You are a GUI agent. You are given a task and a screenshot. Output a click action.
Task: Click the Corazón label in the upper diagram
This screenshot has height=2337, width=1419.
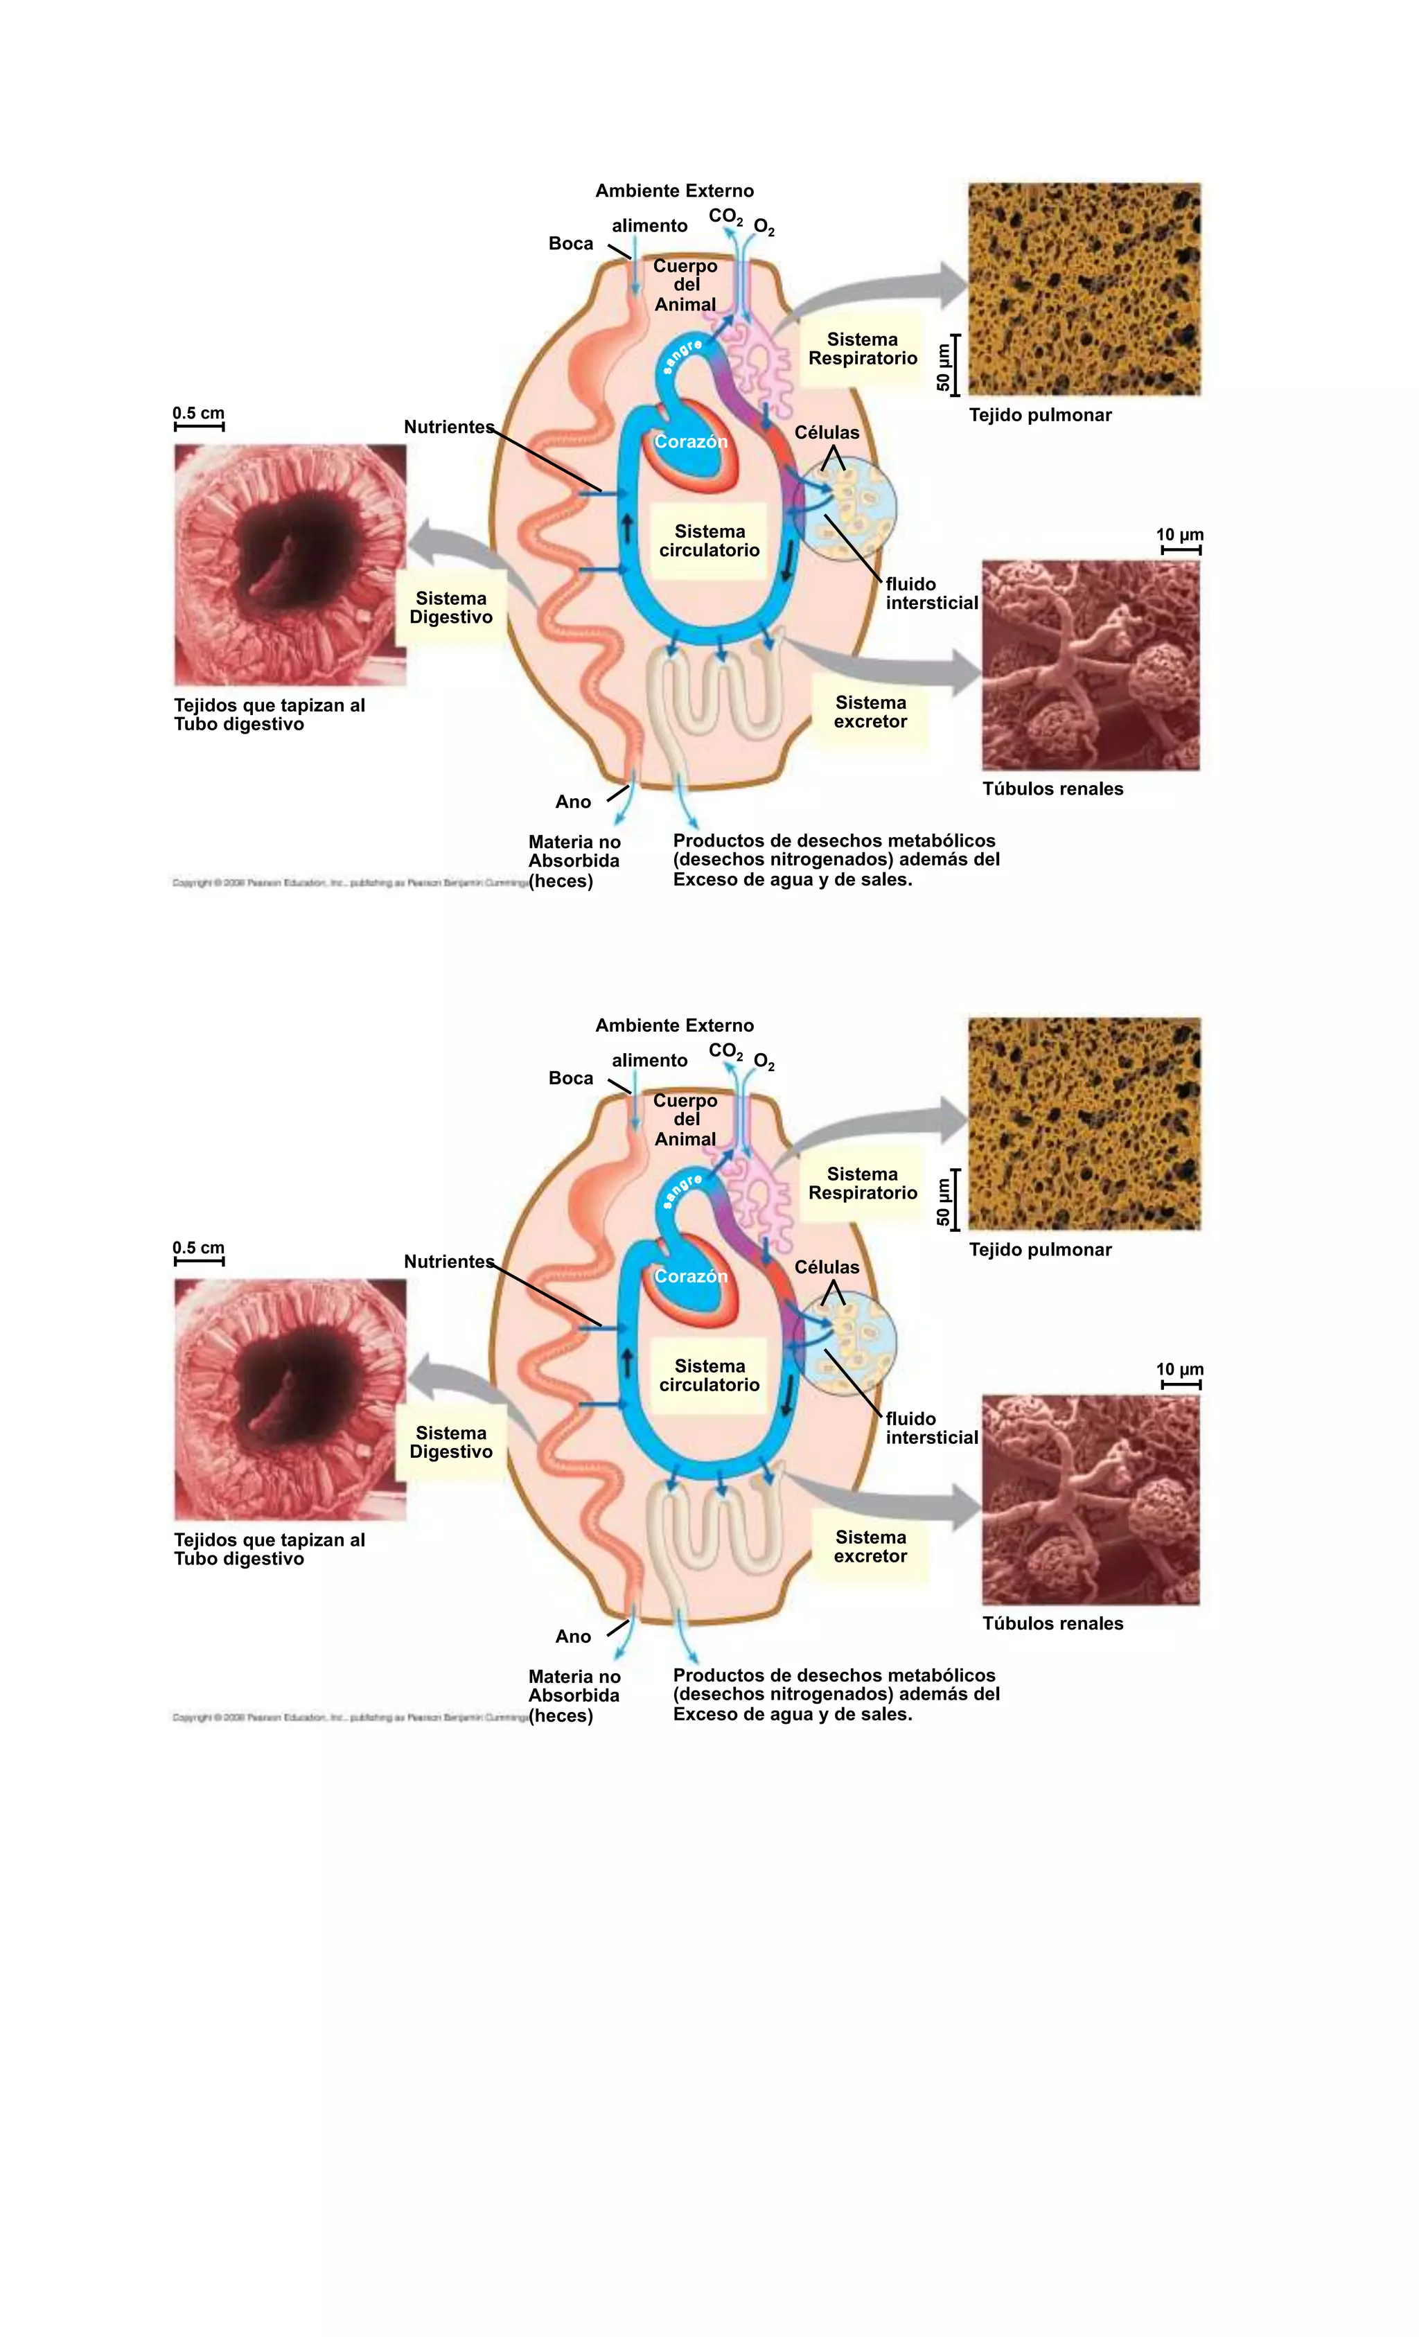(x=691, y=442)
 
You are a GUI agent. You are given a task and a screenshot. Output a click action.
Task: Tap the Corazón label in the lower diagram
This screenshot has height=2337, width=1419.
(x=691, y=1277)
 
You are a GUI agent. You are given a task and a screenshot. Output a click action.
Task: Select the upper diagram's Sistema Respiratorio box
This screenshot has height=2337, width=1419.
(x=862, y=349)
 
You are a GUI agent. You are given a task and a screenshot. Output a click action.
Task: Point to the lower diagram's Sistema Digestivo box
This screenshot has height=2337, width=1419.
(x=450, y=1443)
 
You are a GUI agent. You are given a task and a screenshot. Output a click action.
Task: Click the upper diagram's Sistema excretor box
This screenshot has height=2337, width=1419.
(x=870, y=712)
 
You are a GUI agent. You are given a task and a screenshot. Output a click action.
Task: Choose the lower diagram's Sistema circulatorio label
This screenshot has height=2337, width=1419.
(x=709, y=1375)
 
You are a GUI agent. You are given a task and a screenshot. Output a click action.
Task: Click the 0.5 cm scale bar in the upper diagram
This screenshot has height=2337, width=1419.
(x=199, y=427)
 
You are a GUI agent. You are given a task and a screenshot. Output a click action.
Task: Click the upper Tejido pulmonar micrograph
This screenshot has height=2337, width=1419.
(x=1084, y=290)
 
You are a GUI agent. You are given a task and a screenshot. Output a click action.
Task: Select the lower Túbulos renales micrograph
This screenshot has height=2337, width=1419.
(x=1091, y=1499)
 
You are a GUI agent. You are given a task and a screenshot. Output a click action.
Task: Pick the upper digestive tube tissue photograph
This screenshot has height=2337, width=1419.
(x=290, y=565)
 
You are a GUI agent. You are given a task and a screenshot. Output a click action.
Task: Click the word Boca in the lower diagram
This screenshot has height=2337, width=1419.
(x=571, y=1078)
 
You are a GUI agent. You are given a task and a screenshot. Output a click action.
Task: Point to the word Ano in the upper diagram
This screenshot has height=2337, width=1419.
(x=573, y=802)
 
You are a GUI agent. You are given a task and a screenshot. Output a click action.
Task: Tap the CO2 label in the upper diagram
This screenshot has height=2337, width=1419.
(x=725, y=217)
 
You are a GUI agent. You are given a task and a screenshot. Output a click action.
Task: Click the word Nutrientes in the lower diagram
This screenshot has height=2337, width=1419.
(x=449, y=1262)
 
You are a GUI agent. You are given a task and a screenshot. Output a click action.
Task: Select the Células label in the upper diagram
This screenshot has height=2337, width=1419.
(x=826, y=432)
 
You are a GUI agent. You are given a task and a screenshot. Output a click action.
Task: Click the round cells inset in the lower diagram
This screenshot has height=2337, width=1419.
(x=846, y=1345)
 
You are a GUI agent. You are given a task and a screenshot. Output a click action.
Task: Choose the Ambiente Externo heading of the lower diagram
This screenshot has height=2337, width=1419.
(x=674, y=1025)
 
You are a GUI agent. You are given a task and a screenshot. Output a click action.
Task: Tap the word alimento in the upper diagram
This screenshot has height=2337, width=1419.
(x=650, y=226)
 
